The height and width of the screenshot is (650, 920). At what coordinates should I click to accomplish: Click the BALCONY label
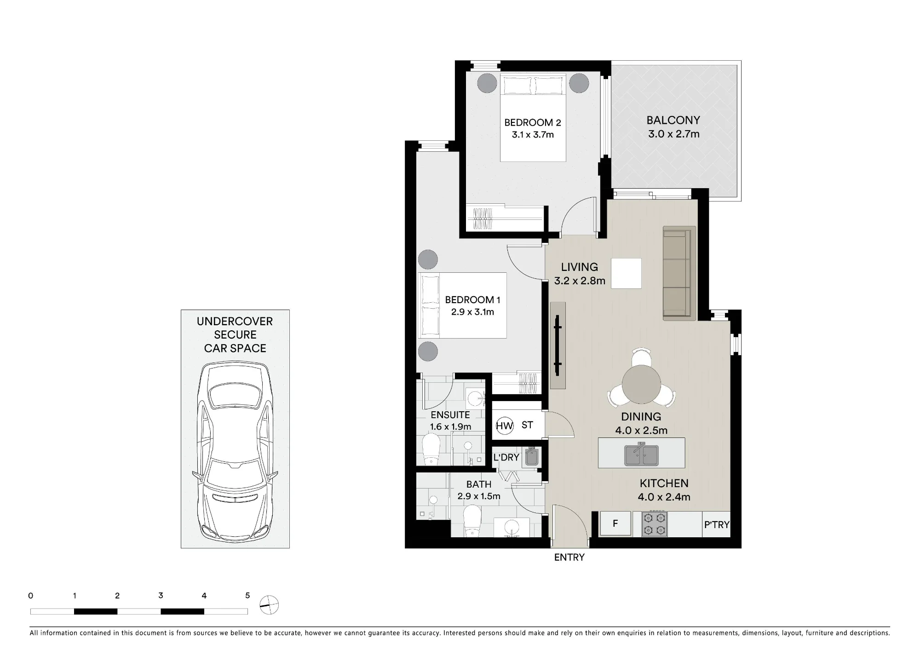click(673, 121)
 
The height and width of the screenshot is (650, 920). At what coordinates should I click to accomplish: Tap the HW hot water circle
click(505, 426)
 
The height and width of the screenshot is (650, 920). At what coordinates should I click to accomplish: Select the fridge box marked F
click(615, 523)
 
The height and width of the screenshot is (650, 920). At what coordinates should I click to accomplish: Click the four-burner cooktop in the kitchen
click(655, 524)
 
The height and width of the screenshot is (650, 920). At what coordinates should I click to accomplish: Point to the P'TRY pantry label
click(717, 524)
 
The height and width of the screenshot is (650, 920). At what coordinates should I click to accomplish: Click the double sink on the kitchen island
click(642, 454)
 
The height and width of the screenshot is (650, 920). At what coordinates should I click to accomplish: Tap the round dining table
click(641, 385)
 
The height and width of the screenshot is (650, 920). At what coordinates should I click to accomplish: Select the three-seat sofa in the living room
click(679, 273)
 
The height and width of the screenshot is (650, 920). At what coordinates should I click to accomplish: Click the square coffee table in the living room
click(626, 273)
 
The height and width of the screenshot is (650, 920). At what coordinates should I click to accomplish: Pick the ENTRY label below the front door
click(569, 558)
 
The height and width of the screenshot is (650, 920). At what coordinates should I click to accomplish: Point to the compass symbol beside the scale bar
click(269, 604)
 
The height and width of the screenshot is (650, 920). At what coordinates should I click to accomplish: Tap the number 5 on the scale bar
click(247, 596)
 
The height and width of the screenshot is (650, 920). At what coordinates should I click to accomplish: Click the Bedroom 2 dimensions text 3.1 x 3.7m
click(533, 135)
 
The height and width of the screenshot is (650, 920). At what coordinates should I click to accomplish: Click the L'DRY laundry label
click(506, 458)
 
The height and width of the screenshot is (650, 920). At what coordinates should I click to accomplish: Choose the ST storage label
click(527, 425)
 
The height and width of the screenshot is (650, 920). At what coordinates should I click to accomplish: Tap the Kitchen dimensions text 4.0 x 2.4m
click(664, 497)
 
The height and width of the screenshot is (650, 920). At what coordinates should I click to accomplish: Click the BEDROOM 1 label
click(472, 300)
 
